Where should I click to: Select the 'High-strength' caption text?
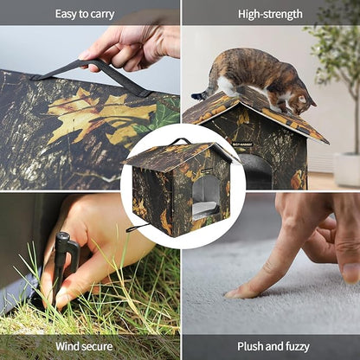click(x=270, y=14)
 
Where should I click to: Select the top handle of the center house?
click(x=180, y=141)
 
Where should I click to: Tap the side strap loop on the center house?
click(x=134, y=228)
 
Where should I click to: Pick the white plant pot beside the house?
click(x=347, y=170)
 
